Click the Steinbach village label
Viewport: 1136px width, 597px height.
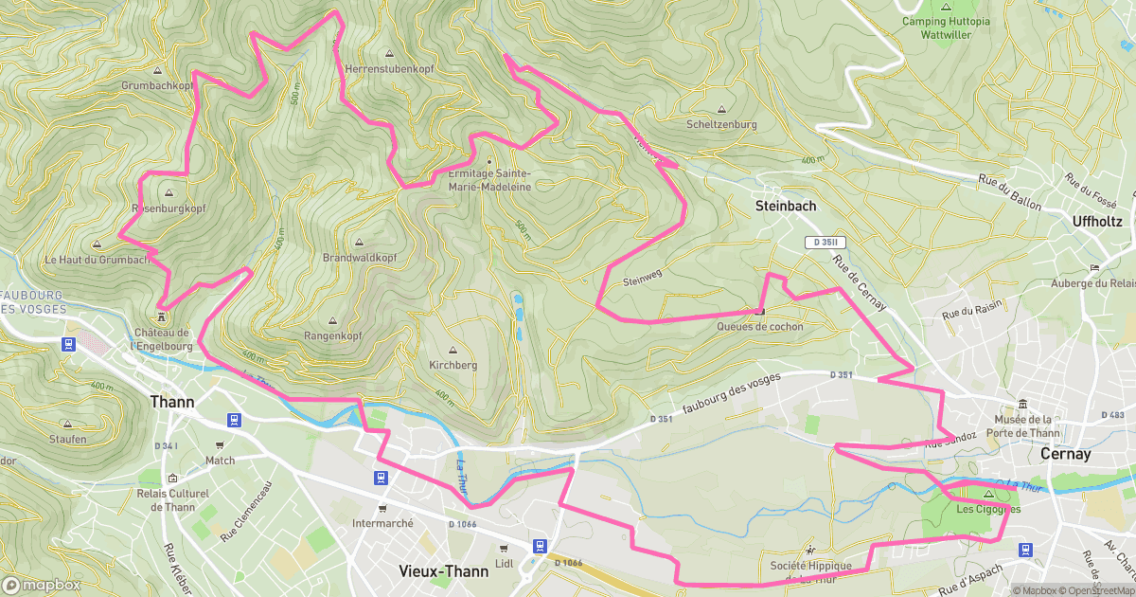(x=785, y=205)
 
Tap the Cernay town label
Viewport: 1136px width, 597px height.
(x=1065, y=454)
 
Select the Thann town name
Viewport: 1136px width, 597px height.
(x=172, y=402)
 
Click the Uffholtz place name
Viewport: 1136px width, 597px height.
(x=1097, y=221)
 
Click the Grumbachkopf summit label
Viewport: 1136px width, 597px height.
(x=157, y=85)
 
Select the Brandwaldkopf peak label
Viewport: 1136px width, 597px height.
(x=359, y=258)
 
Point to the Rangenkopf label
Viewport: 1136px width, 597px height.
(x=332, y=336)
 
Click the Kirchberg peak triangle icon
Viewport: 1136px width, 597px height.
(x=453, y=349)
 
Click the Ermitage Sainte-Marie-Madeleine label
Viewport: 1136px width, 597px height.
(x=489, y=180)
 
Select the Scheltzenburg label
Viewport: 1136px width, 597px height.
(x=721, y=124)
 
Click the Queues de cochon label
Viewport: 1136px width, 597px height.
(x=760, y=327)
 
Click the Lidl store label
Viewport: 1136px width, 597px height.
(x=504, y=563)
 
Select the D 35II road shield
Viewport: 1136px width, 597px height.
(x=824, y=243)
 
